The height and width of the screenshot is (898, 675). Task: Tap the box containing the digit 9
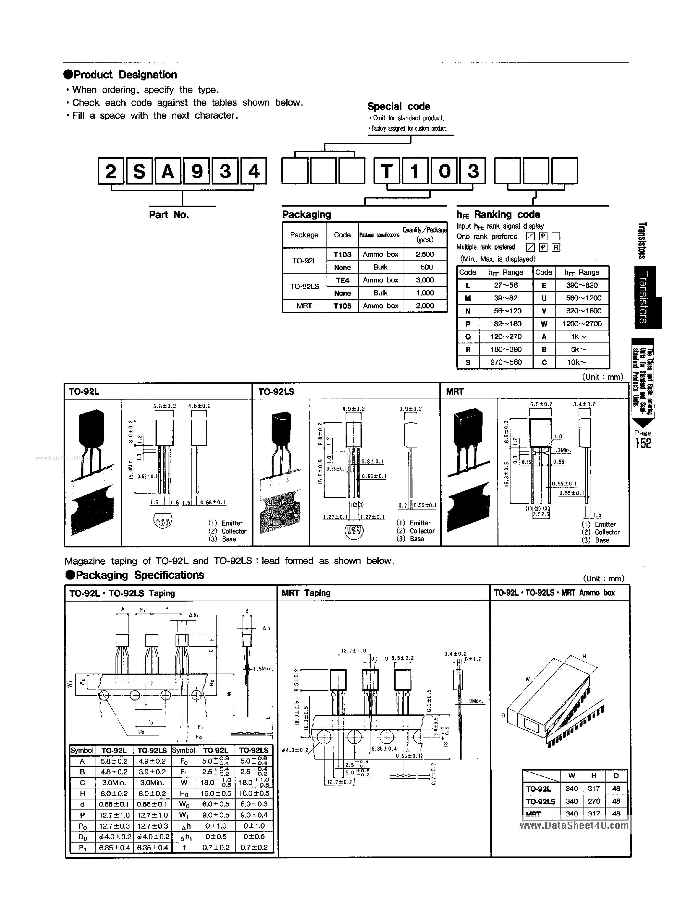[197, 171]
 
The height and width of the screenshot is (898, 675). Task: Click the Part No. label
[169, 215]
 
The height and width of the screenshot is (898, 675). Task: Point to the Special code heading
[399, 106]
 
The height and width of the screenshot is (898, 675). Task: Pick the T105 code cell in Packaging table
[342, 306]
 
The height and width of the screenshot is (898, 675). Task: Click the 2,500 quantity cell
[425, 254]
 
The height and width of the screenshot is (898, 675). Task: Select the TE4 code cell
[342, 280]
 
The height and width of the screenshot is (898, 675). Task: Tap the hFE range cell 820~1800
[582, 311]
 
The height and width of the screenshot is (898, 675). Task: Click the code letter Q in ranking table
[468, 337]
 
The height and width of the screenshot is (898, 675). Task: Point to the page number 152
[643, 443]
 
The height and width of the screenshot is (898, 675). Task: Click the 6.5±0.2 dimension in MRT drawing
[541, 404]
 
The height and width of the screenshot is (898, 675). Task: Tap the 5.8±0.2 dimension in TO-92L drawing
[164, 406]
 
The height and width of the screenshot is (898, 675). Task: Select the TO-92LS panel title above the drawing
[276, 392]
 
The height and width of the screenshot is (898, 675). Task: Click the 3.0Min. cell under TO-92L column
[114, 782]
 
